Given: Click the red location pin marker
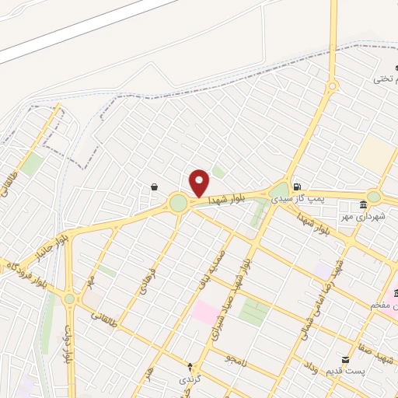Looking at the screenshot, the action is coord(200,183).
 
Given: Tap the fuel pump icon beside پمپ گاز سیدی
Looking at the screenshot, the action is coord(298,187).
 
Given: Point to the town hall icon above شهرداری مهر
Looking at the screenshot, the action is coord(363,204).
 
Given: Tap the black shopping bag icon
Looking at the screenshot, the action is coord(154,187).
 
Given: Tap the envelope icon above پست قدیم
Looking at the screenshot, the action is coord(346,360).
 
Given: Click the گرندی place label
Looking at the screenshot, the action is coord(190,379).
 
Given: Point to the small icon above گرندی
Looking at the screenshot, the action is coord(190,365).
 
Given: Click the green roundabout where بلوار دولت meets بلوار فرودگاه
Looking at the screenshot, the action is coord(69,298).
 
